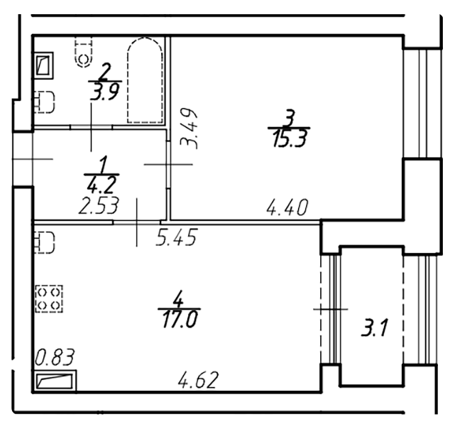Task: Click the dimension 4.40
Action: pos(287,209)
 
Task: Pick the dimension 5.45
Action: pos(175,236)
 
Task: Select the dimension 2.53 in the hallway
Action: pos(98,206)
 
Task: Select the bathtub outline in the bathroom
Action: pos(146,81)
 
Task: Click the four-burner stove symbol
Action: pos(49,298)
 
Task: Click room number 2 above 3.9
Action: pos(106,71)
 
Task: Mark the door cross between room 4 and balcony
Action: pos(330,309)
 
